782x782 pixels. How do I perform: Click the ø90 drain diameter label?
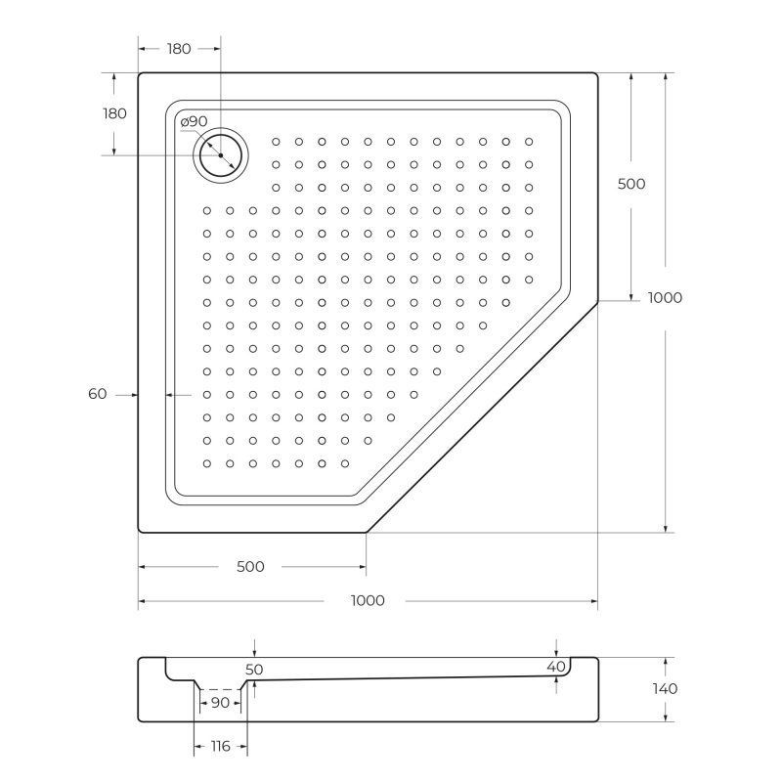[x=194, y=121]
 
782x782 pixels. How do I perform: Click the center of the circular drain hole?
[x=221, y=155]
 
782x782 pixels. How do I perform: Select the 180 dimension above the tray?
[x=179, y=49]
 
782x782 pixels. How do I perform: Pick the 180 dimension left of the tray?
[x=115, y=113]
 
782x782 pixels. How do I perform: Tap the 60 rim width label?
[x=97, y=394]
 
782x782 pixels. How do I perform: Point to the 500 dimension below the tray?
[x=251, y=567]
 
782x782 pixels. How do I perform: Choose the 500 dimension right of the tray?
[x=631, y=184]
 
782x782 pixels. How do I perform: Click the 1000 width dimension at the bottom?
[x=368, y=600]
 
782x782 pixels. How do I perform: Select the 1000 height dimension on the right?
[x=665, y=298]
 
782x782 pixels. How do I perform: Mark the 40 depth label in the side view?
[x=556, y=667]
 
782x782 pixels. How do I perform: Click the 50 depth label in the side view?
[x=254, y=670]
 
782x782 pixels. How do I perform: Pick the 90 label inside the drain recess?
[x=220, y=703]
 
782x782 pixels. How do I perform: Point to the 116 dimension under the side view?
[x=220, y=747]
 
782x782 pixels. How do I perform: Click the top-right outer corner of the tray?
[x=596, y=72]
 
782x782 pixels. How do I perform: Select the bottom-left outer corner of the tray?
[x=140, y=531]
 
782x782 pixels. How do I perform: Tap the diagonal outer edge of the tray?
[x=482, y=415]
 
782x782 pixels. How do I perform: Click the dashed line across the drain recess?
[x=220, y=688]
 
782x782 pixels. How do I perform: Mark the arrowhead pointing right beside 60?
[x=132, y=394]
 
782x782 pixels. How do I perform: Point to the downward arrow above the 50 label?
[x=254, y=652]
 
